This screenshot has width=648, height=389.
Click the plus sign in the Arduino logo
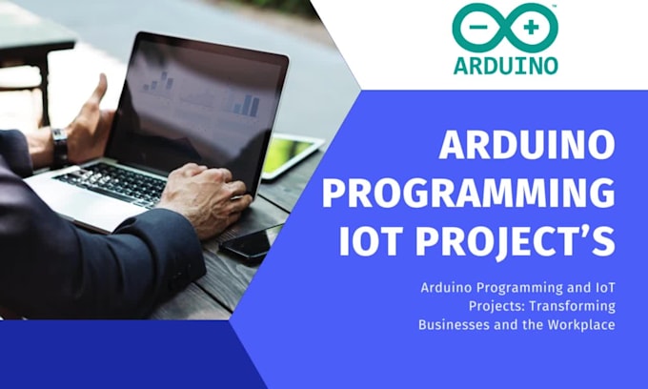(530, 29)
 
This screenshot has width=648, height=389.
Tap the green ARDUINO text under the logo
(504, 66)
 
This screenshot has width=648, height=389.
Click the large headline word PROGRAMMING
(468, 194)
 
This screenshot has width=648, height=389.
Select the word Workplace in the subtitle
(578, 324)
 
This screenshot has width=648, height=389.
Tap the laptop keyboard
(114, 183)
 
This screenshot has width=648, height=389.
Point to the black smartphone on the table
(250, 243)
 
